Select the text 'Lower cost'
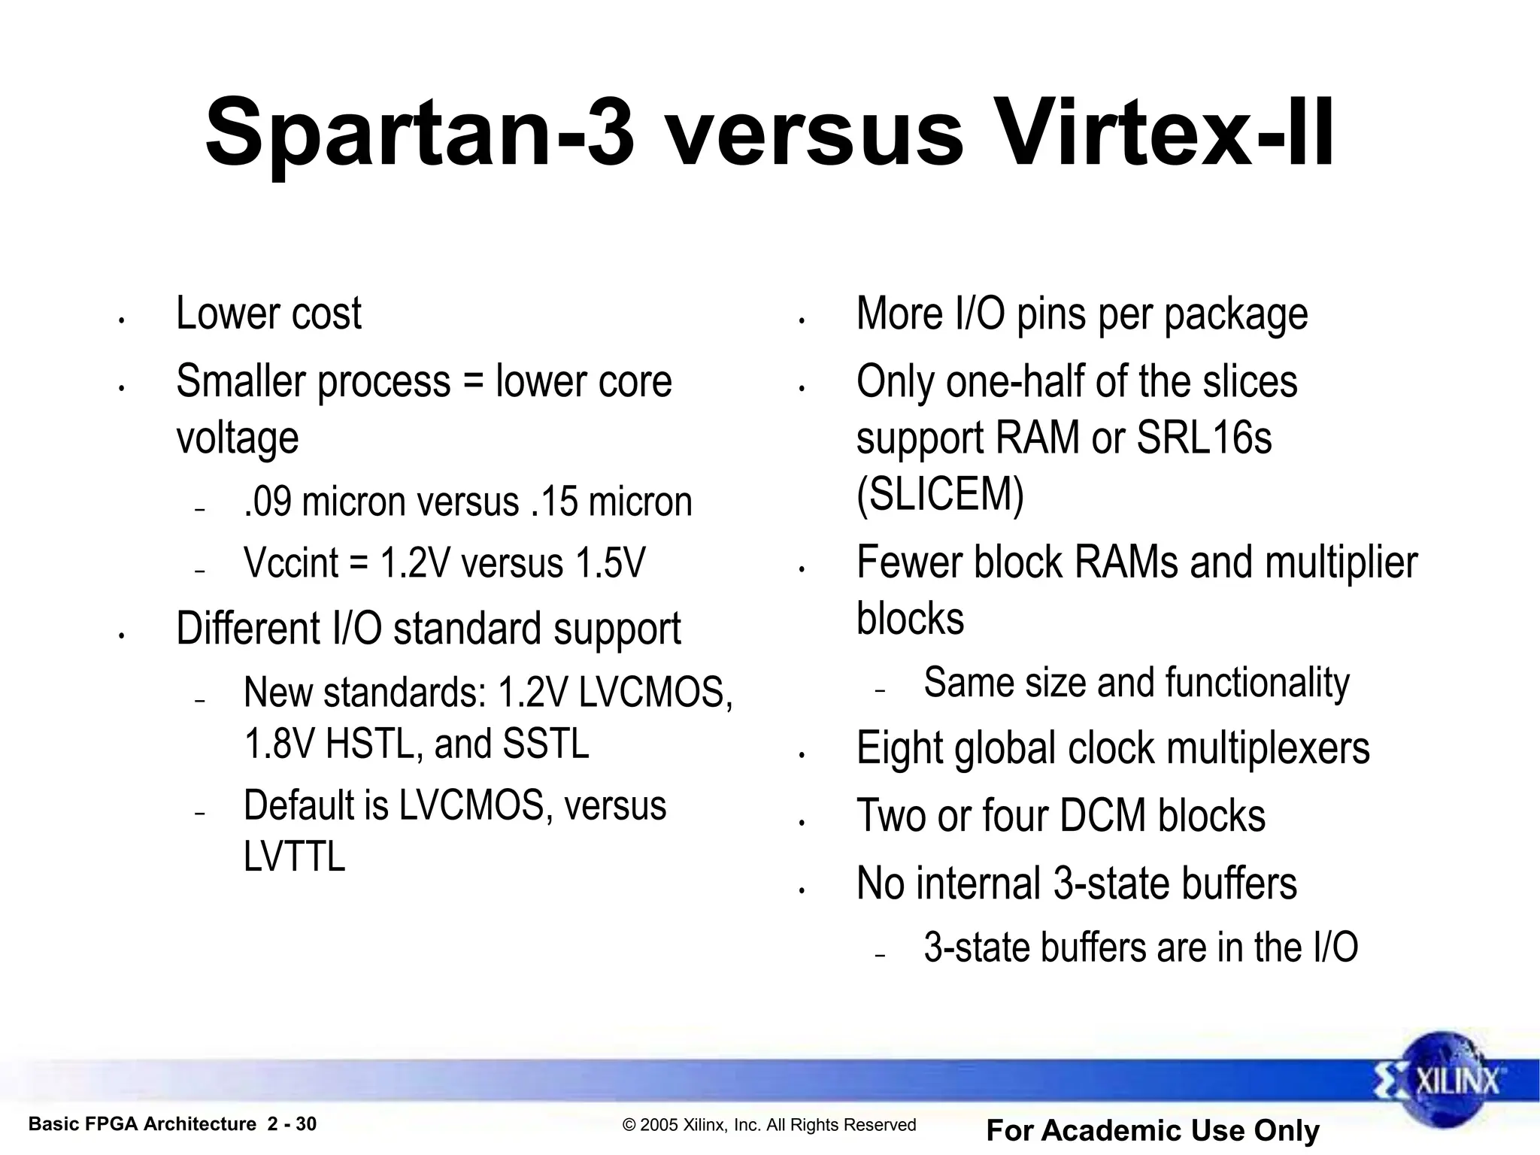268,314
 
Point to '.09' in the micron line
268,502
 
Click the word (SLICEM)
940,496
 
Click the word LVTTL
294,856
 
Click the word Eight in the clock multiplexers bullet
899,749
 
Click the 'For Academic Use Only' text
1152,1130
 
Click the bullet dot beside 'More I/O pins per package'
802,321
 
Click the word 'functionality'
1257,683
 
